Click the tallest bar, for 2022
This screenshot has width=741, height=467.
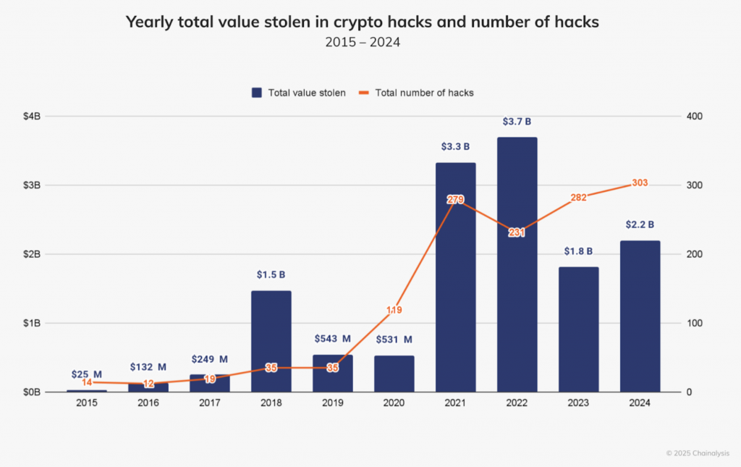(x=517, y=264)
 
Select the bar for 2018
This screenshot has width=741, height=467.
(x=271, y=341)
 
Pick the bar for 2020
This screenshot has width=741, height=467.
(x=394, y=374)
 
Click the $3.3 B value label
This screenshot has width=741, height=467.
(x=455, y=147)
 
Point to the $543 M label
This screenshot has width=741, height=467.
(x=332, y=339)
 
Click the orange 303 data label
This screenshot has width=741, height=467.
(x=640, y=183)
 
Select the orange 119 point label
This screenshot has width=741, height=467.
(x=394, y=310)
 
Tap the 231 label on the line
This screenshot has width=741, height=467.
(x=517, y=232)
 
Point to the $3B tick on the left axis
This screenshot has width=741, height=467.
(x=31, y=185)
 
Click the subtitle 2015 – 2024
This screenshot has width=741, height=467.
(x=363, y=43)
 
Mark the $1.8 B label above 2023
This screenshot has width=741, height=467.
(x=578, y=251)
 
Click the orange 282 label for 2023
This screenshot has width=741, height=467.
(x=578, y=197)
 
